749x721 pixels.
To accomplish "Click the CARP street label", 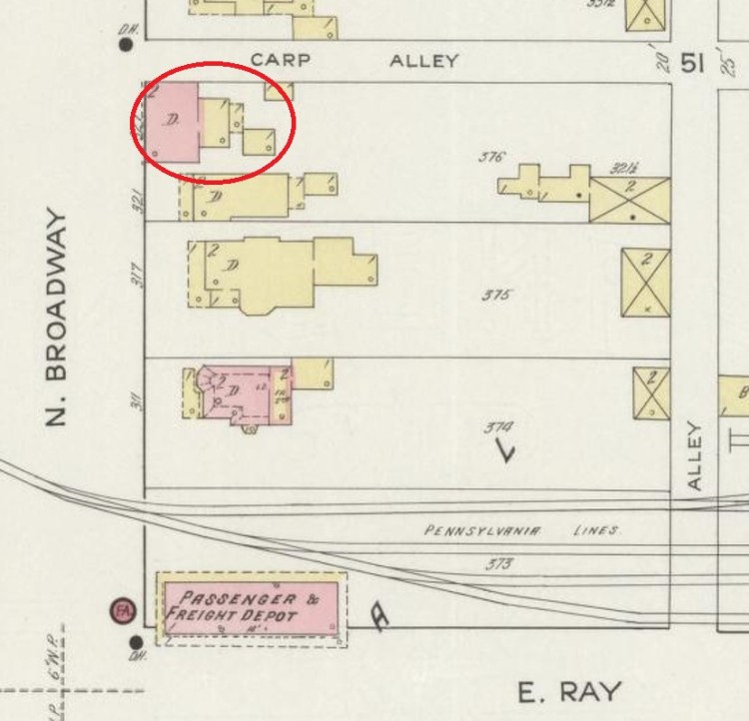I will click(280, 60).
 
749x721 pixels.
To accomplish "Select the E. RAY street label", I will click(569, 691).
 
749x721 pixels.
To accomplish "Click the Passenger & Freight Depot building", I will click(250, 606).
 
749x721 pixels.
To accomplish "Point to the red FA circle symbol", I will click(124, 610).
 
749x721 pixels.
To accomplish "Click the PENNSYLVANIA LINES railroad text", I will click(522, 530).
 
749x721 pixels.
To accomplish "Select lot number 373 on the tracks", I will click(498, 564).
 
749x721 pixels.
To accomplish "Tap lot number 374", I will click(498, 426).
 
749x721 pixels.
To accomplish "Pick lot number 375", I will click(496, 296).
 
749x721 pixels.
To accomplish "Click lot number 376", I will click(492, 157).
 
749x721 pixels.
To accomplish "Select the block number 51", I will click(692, 64).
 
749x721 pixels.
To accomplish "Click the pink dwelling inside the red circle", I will click(172, 122).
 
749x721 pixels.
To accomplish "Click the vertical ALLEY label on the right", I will click(696, 456).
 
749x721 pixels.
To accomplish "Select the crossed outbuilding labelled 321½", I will click(629, 199).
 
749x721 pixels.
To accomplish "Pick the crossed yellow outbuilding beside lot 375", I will click(645, 283).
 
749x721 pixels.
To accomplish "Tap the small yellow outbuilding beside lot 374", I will click(651, 393).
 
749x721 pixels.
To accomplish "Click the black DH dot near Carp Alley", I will click(126, 43).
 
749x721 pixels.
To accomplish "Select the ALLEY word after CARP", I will click(423, 60).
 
